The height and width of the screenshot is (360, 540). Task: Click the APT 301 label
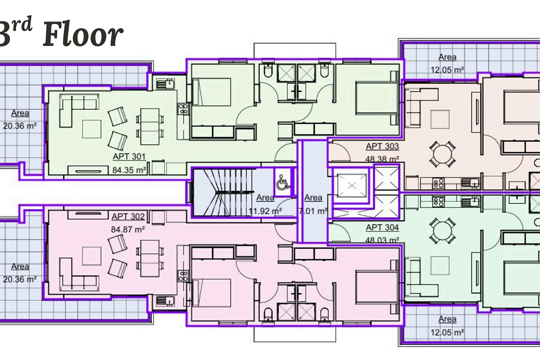tap(129, 157)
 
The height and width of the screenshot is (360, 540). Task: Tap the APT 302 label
tap(128, 216)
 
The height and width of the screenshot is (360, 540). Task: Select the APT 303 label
tap(382, 146)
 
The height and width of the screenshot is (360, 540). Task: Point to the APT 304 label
tap(382, 227)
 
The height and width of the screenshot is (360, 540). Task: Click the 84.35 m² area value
tap(129, 170)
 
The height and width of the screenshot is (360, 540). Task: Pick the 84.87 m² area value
tap(128, 229)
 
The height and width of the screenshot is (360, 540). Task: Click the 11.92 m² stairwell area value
tap(265, 211)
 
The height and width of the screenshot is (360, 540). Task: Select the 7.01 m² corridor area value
tap(313, 211)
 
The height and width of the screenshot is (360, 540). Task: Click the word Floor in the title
tap(83, 35)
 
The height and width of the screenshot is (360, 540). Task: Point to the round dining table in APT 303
tap(442, 154)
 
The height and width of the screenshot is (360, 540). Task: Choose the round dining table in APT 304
tap(442, 231)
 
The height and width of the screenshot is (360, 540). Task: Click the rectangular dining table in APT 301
tap(150, 126)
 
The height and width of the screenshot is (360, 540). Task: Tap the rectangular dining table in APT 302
tap(150, 258)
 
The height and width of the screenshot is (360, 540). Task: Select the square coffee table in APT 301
tap(92, 129)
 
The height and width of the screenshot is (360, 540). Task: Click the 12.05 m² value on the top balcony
tap(447, 70)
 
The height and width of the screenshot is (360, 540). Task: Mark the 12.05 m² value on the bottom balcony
tap(447, 333)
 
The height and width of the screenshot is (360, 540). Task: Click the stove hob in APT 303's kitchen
tap(439, 183)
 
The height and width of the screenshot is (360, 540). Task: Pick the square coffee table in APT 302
tap(92, 256)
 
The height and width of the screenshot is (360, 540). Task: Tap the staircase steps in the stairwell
tap(224, 192)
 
